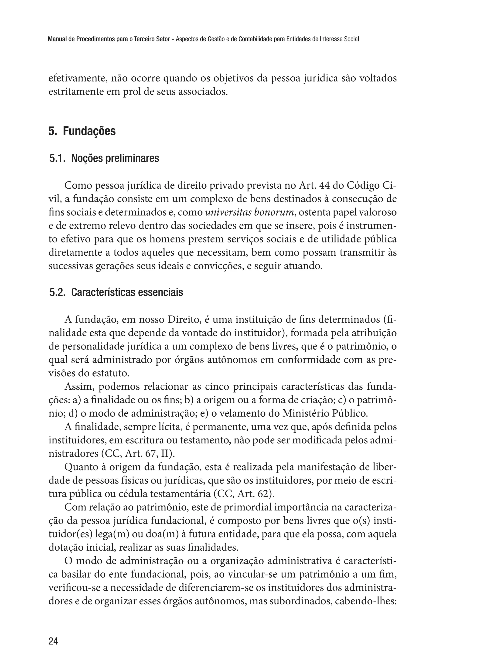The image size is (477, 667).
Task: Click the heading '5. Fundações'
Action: (x=82, y=131)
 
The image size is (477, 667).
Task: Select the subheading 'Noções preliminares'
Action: (x=115, y=159)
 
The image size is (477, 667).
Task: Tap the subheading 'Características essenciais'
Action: (x=127, y=293)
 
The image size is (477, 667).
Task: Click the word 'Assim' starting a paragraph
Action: (x=78, y=387)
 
